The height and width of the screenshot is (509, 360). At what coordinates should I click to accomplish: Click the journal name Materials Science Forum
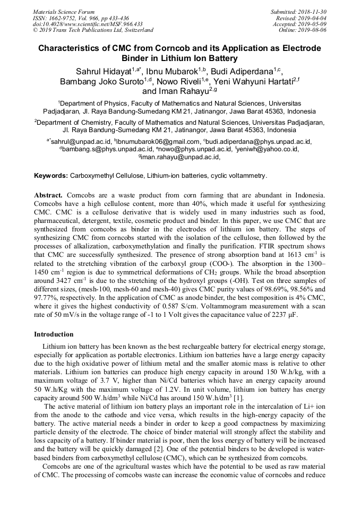tap(64, 12)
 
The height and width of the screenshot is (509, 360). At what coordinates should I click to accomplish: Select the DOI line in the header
tap(87, 24)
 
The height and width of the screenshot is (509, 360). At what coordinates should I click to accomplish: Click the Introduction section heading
tap(54, 334)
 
